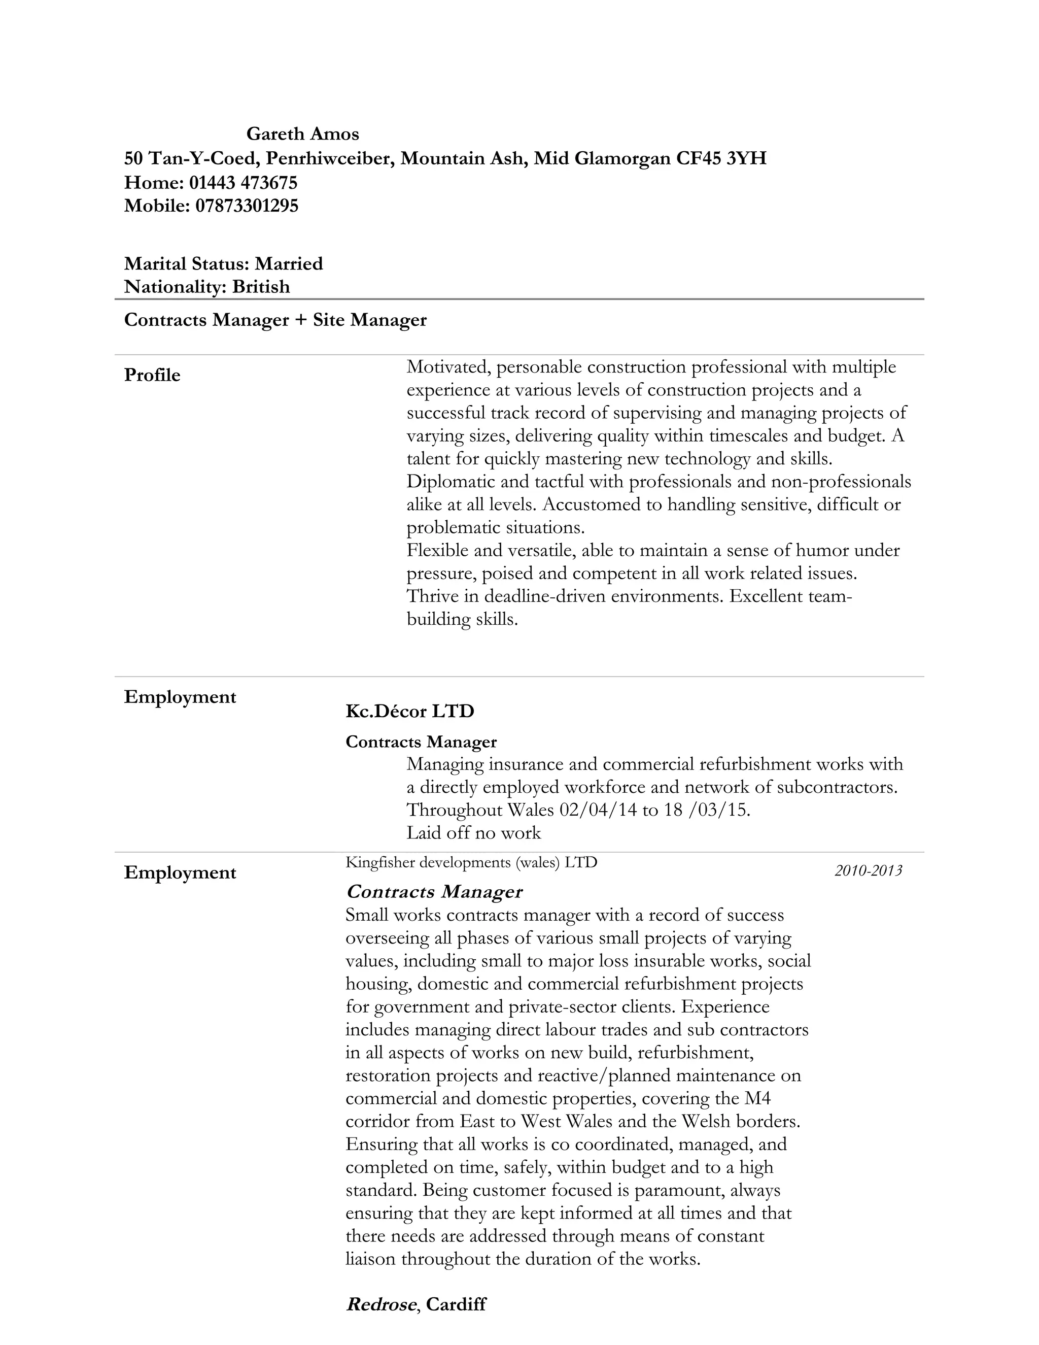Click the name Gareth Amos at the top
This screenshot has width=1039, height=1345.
pos(302,133)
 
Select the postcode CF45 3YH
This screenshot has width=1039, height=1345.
pos(721,159)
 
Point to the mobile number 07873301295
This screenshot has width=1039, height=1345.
pos(247,206)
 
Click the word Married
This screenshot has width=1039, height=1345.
pos(289,263)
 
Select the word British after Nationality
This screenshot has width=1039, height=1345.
pos(260,286)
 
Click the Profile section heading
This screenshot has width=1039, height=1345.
pos(152,375)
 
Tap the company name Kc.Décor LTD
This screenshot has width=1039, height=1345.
pos(410,711)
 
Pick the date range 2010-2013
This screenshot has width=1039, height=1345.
pos(868,870)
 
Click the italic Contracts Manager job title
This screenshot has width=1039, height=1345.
pos(434,892)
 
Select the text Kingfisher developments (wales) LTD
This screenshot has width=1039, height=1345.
pos(471,862)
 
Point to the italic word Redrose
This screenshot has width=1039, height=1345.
pos(380,1304)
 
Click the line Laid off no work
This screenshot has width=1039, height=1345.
pos(473,833)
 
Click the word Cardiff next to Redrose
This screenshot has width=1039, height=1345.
pos(456,1304)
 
